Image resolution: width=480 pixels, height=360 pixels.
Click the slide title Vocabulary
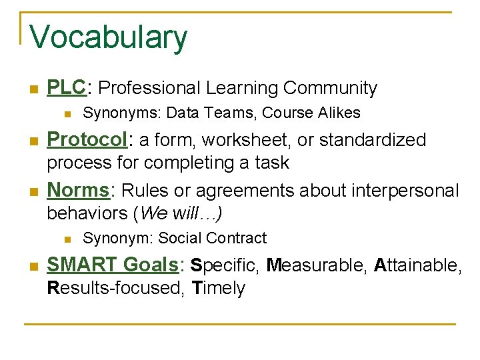109,37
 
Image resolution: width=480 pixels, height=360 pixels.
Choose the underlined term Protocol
86,140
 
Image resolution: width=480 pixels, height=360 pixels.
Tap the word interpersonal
404,191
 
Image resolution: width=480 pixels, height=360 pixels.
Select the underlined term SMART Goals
111,265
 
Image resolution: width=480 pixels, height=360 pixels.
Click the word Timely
219,289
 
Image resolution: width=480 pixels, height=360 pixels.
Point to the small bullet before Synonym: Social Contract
65,239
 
